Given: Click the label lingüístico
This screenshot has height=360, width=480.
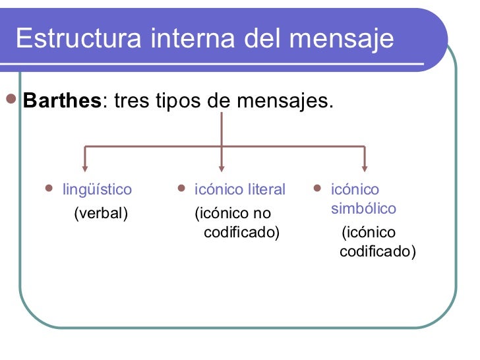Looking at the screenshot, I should (x=97, y=190).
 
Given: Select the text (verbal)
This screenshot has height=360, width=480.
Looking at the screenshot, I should (x=100, y=213).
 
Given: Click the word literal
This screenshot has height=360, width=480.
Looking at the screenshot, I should (x=266, y=190).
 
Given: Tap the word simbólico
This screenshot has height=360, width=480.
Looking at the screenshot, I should (x=363, y=209).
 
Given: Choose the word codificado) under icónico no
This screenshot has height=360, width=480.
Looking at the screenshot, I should (x=241, y=233).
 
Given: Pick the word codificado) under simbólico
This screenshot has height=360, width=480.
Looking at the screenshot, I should (x=377, y=252).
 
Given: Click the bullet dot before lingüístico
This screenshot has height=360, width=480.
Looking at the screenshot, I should (x=47, y=189).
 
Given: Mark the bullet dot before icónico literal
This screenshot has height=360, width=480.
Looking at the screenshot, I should (x=181, y=189).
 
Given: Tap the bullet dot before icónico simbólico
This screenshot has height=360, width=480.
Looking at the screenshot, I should (x=317, y=189).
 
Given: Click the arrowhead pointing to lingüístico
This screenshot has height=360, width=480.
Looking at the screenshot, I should (x=84, y=167).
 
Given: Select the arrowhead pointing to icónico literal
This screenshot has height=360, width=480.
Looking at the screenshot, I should (x=222, y=167).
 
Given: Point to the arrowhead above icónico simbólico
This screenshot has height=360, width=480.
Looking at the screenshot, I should (x=364, y=167).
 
